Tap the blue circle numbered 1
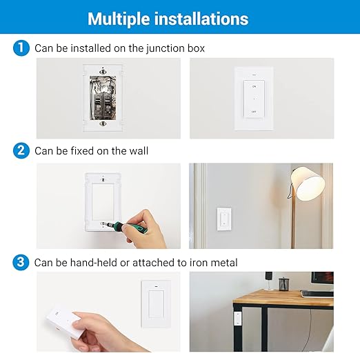[x=21, y=48]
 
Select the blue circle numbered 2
[x=21, y=150]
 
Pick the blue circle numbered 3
[x=21, y=262]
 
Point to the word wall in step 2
[x=138, y=150]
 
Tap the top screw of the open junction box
[x=103, y=71]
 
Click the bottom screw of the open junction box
[x=103, y=124]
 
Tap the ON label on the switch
[x=254, y=86]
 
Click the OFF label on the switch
[x=254, y=111]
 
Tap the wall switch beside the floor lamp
[x=224, y=219]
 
